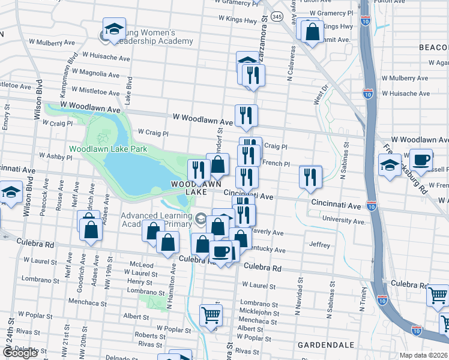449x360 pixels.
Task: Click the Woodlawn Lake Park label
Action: click(x=108, y=149)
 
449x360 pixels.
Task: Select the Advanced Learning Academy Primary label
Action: click(x=157, y=220)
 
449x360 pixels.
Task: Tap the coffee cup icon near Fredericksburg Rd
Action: click(x=422, y=161)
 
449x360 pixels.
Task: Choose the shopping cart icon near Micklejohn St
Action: click(x=211, y=314)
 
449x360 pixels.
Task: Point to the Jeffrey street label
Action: click(x=319, y=245)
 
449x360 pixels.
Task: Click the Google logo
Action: click(x=20, y=353)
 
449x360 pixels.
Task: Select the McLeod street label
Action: click(x=142, y=265)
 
